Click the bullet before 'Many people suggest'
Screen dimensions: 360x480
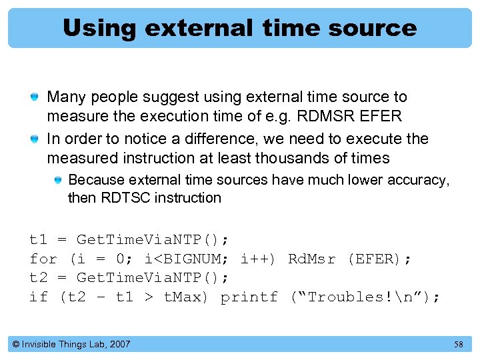34,98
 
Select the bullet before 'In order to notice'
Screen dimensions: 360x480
34,140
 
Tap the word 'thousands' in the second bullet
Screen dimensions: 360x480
300,158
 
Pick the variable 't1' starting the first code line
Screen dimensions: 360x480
38,240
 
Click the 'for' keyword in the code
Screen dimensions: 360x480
43,259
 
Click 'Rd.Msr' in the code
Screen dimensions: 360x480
311,259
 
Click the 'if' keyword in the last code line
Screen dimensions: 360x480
38,297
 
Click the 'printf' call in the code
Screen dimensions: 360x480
249,297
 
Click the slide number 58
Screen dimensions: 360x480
458,344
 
